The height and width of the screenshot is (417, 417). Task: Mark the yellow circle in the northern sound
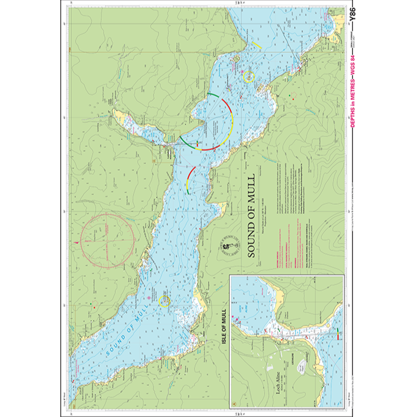248,77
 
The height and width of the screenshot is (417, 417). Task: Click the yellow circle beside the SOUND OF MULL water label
164,301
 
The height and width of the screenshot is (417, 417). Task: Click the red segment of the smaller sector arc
192,173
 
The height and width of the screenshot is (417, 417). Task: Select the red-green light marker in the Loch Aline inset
338,333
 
